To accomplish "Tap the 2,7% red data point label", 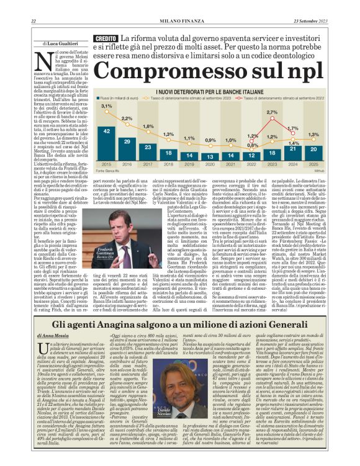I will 271,112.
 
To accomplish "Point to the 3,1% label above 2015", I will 107,106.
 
